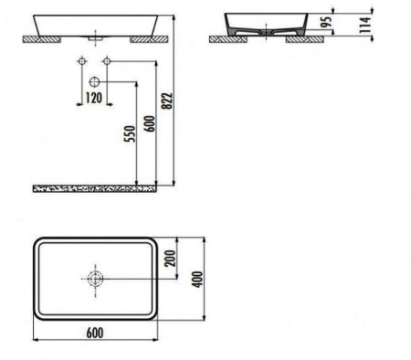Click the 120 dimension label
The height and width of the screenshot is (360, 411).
[93, 98]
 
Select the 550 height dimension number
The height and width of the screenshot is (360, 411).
[130, 133]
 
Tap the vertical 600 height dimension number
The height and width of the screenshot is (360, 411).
[150, 123]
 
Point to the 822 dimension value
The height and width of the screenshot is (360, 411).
[167, 101]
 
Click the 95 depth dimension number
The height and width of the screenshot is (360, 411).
[326, 22]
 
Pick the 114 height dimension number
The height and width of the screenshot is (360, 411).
[365, 25]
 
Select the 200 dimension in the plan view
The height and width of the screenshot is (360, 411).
[170, 259]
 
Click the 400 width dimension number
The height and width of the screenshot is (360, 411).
[197, 280]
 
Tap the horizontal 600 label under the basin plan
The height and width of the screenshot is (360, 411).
[95, 333]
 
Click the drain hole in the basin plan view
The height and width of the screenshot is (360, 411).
[95, 279]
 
